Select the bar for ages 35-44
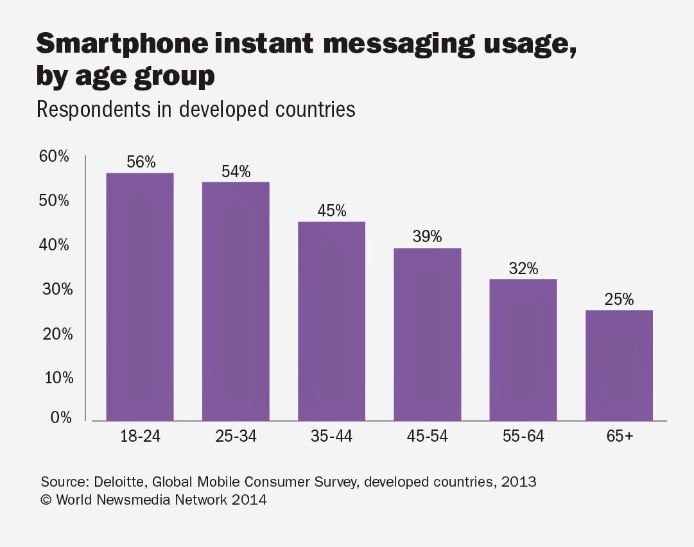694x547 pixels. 331,321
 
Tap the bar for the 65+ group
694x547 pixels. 619,365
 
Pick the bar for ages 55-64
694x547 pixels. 523,350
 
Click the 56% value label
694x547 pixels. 141,162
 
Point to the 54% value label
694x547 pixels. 236,172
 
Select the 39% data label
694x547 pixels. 427,237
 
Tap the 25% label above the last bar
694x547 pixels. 619,300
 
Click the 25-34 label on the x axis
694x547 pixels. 236,437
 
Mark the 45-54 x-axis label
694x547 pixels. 427,437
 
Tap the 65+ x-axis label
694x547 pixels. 619,437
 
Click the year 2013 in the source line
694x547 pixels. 519,481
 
